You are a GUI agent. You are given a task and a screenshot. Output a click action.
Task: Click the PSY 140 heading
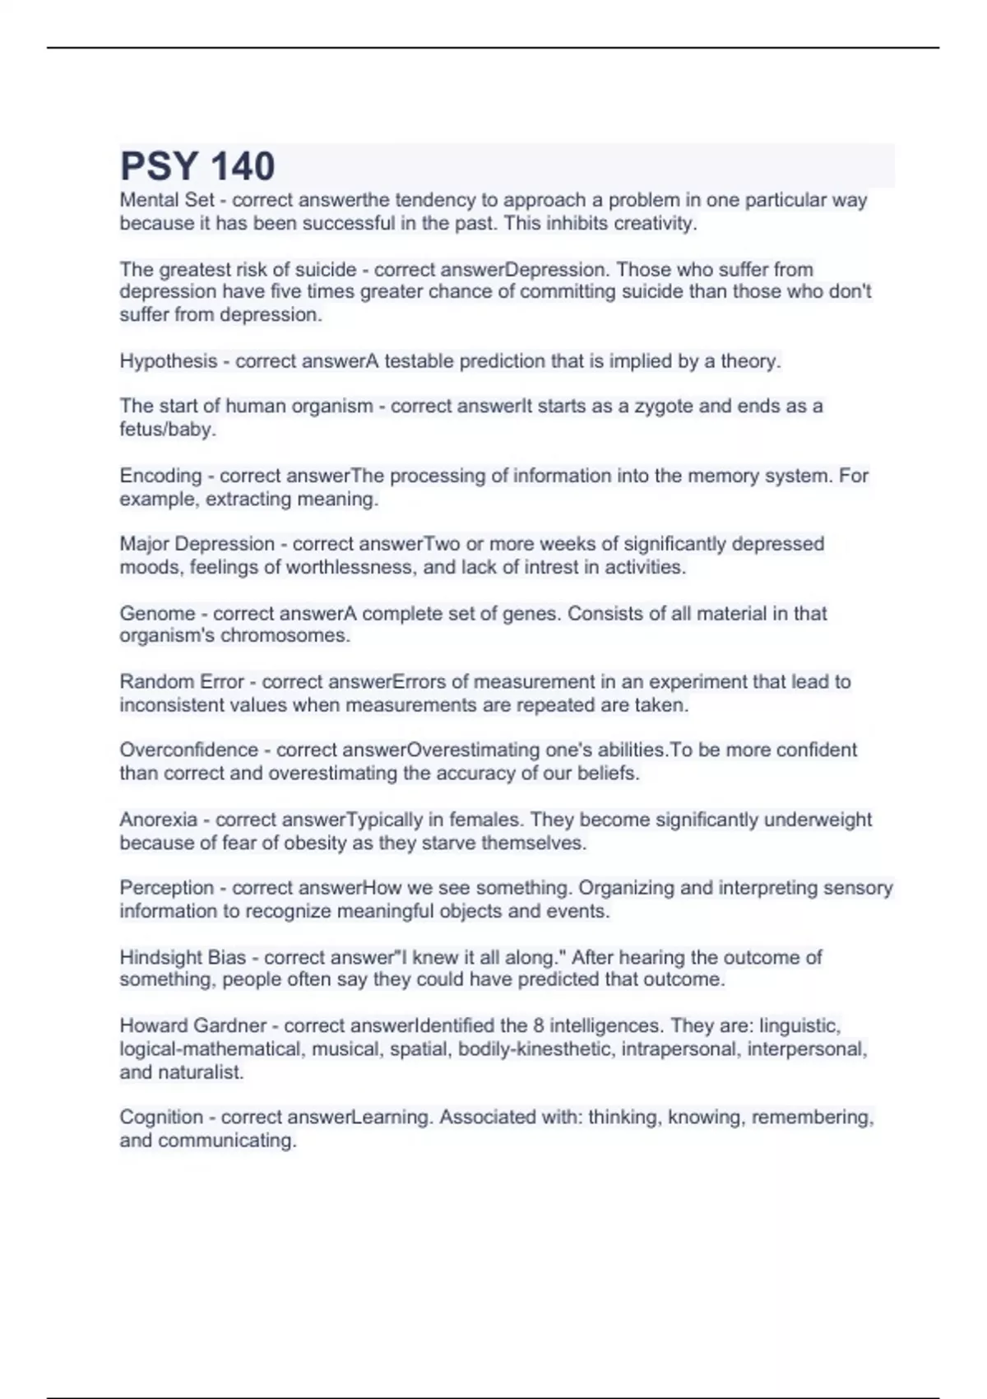[x=197, y=166]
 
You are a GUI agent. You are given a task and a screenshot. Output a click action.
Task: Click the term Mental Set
[x=167, y=200]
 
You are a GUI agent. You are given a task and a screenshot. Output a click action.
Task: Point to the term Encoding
[x=160, y=476]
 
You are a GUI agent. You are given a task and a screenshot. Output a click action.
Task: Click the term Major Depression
[x=197, y=544]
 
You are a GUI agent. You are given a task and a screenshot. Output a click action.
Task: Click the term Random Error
[x=182, y=682]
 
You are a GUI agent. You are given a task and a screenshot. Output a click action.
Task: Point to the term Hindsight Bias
[x=183, y=958]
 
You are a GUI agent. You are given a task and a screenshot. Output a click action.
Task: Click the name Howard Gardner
[x=193, y=1026]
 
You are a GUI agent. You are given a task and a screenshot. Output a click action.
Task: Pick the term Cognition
[x=161, y=1118]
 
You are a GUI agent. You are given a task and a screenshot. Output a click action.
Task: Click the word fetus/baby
[x=166, y=430]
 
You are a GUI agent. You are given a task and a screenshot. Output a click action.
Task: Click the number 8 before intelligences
[x=538, y=1026]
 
